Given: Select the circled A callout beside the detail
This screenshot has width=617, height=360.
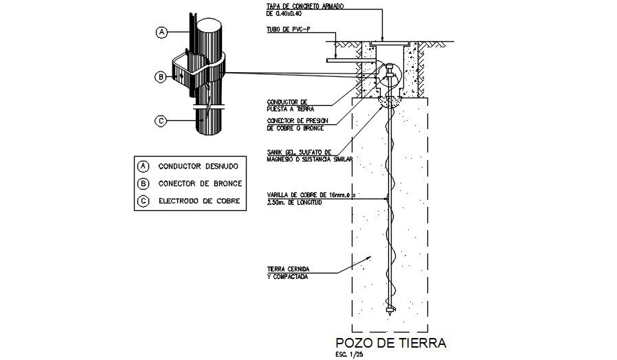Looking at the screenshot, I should (x=161, y=32).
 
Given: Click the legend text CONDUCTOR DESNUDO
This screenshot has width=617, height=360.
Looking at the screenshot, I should (x=199, y=166).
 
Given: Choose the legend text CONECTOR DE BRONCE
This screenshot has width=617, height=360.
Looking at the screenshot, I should (x=199, y=183).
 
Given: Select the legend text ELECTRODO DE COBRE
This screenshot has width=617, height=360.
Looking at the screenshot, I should (x=199, y=201).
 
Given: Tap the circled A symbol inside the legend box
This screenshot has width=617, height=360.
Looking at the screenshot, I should (x=144, y=166).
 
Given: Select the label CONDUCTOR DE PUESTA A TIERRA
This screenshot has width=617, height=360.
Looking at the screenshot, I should (x=291, y=104).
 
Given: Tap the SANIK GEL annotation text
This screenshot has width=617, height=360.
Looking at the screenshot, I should (x=308, y=155).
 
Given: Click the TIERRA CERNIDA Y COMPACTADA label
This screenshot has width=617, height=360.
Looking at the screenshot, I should (x=288, y=273).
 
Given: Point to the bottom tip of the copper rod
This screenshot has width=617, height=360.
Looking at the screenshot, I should (x=390, y=311).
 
